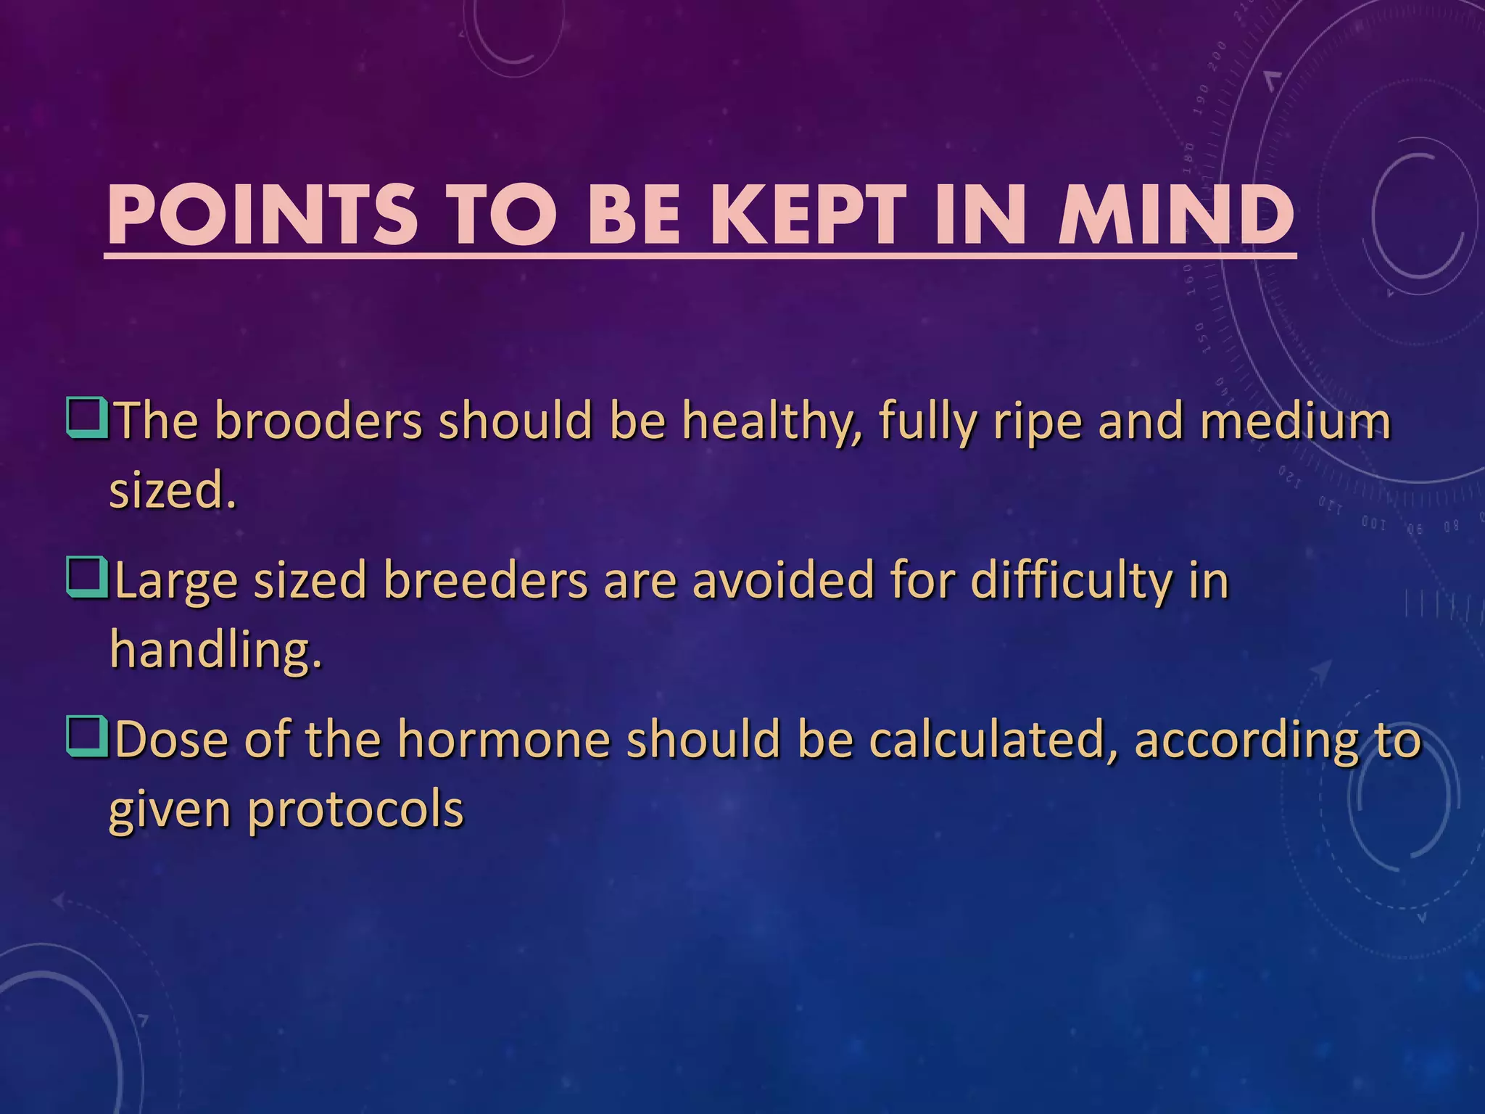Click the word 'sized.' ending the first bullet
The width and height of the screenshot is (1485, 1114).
[x=173, y=491]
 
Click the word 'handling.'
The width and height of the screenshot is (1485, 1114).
[x=215, y=650]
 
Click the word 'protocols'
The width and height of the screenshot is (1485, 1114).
[x=355, y=810]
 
